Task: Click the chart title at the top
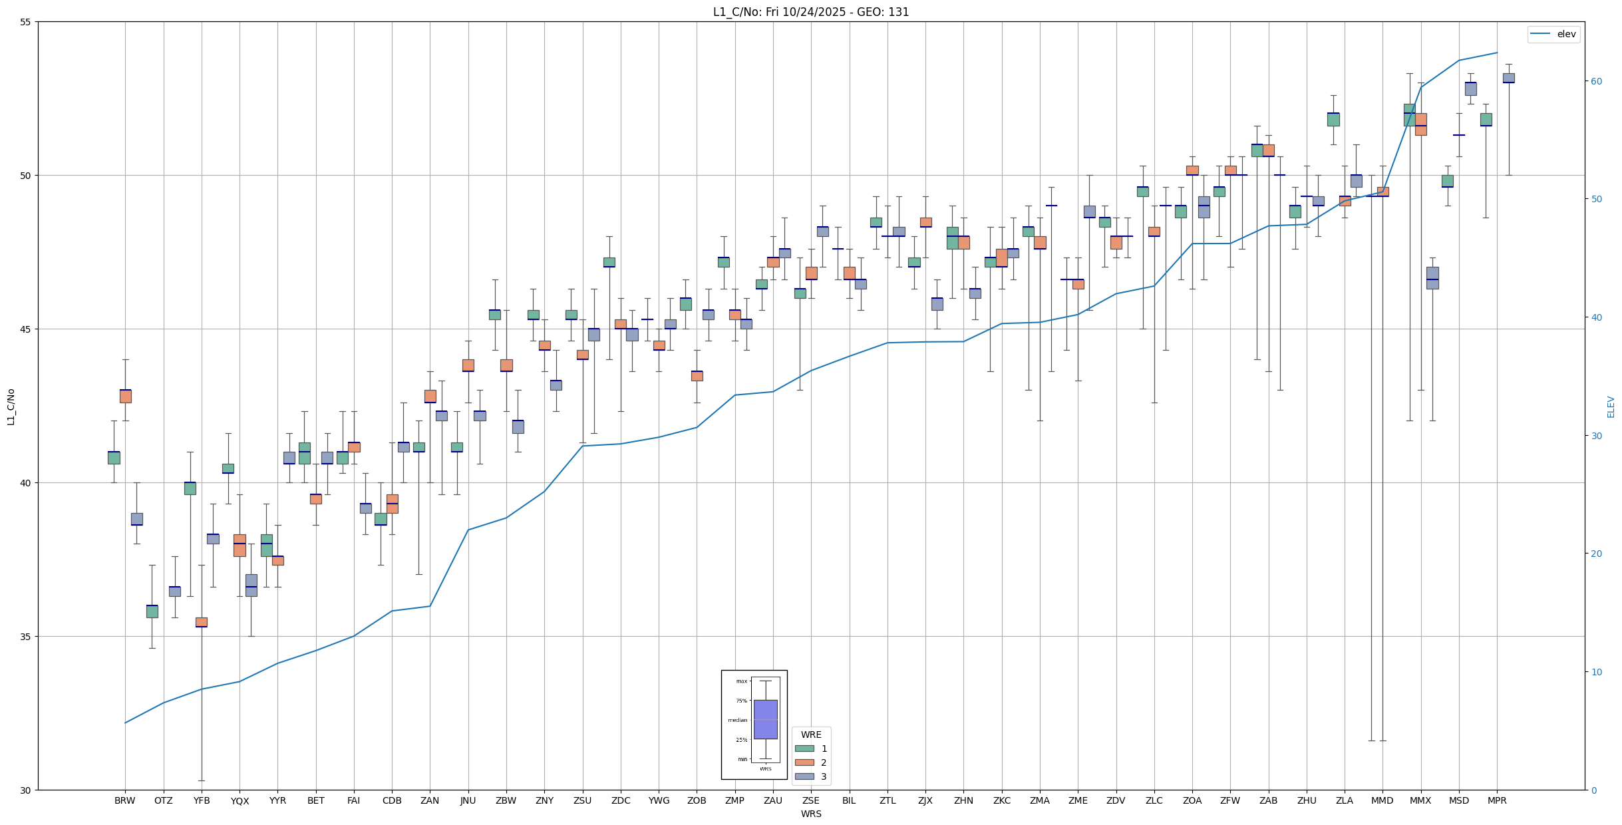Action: click(x=810, y=12)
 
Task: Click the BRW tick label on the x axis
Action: click(x=124, y=800)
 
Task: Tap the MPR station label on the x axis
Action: click(x=1497, y=800)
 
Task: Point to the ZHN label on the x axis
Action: click(x=963, y=800)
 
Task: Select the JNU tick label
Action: click(x=468, y=800)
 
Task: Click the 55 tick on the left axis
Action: click(x=26, y=22)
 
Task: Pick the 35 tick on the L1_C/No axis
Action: click(x=26, y=637)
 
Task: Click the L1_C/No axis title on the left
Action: click(x=11, y=407)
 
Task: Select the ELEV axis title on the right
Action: click(x=1611, y=407)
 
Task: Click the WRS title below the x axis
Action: click(x=810, y=814)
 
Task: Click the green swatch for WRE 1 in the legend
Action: click(x=804, y=748)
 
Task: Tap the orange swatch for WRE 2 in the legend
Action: click(x=804, y=762)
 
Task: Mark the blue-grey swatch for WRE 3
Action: click(x=804, y=776)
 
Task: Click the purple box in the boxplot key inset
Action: click(x=765, y=719)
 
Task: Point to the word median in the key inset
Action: click(x=737, y=720)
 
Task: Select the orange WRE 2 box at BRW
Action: click(x=125, y=396)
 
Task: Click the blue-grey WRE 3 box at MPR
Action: click(x=1508, y=78)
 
